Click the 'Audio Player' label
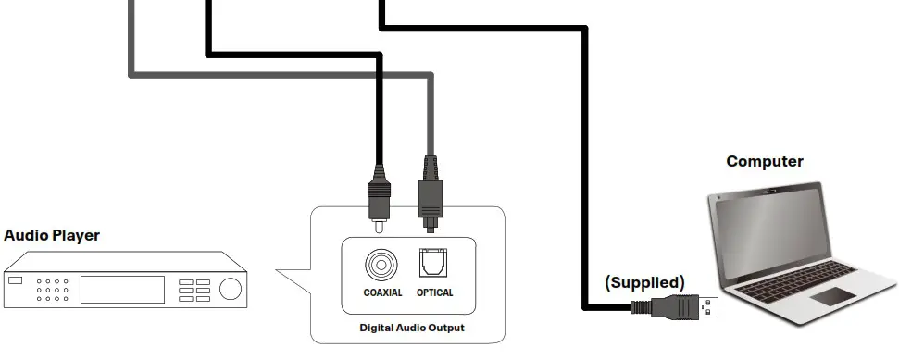tap(52, 236)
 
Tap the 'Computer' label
tap(764, 162)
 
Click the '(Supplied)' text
tap(644, 282)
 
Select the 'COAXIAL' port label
tap(382, 293)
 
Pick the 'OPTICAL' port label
tap(434, 293)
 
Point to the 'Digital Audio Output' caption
tap(411, 328)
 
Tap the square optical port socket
tap(433, 266)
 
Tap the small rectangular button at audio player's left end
tap(14, 280)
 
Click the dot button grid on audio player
tap(53, 290)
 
